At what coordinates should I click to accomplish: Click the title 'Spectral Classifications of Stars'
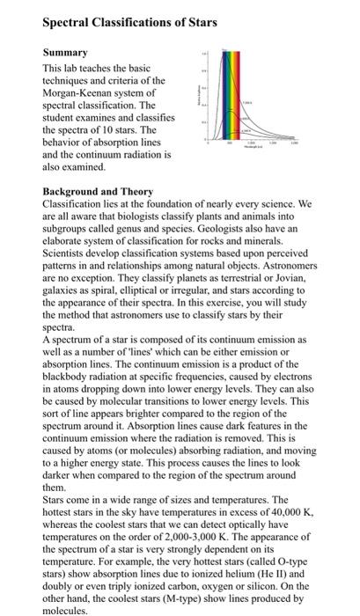[131, 20]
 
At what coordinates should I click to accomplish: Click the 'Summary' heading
[68, 54]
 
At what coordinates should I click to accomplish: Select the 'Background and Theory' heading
[98, 191]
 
